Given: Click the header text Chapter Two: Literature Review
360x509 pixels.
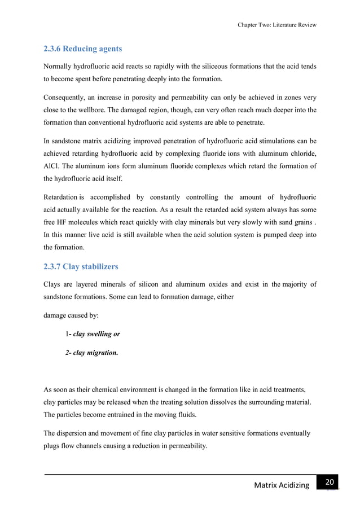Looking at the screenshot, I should point(277,25).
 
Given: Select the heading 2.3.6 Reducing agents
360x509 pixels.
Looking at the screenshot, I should point(83,49).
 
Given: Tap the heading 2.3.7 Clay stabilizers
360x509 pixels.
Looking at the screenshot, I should point(81,266).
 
